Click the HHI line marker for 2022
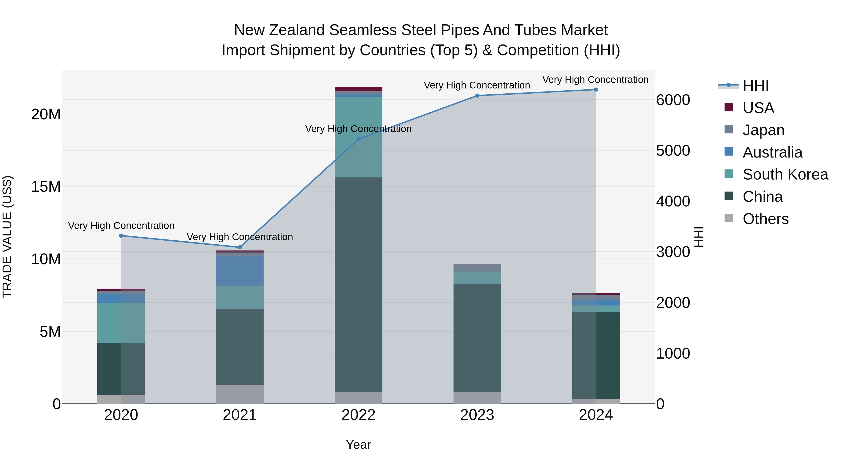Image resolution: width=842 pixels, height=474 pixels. point(358,139)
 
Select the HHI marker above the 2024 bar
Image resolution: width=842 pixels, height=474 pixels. point(595,90)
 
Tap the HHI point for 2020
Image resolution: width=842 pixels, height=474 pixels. point(121,235)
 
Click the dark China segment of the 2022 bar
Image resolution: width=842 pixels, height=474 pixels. point(358,285)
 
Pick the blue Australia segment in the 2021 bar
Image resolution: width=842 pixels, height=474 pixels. point(240,271)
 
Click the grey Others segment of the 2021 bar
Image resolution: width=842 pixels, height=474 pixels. point(240,394)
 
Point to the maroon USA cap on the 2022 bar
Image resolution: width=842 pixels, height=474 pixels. point(358,89)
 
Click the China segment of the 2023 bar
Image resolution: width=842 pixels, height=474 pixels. point(477,338)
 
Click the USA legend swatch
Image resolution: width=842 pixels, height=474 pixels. point(729,107)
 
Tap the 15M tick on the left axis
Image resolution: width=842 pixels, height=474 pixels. point(46,187)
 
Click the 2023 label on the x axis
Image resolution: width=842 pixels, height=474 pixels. point(477,415)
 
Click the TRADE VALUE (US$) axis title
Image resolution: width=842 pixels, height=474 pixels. point(7,237)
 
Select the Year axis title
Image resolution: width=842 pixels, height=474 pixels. point(358,445)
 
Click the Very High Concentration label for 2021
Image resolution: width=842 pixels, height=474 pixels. point(240,237)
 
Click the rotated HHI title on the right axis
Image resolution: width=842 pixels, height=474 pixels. point(698,237)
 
